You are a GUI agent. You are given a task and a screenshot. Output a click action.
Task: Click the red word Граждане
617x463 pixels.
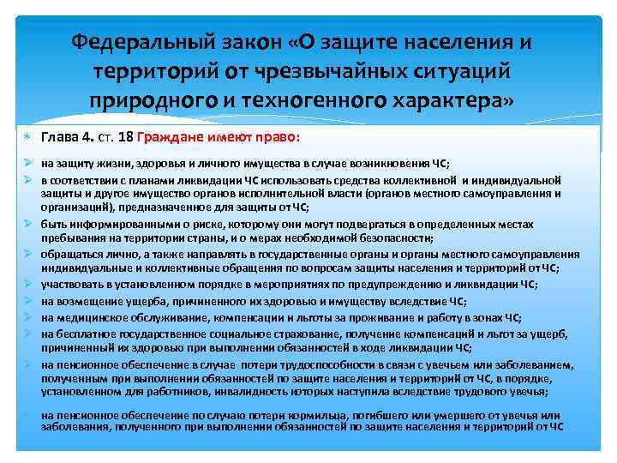[x=179, y=138]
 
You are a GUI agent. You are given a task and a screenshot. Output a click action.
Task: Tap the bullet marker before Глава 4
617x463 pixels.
[x=29, y=138]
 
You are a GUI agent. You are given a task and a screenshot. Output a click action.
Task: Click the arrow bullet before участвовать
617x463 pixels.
[x=28, y=284]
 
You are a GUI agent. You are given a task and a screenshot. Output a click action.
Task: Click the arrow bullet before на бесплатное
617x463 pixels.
[x=28, y=333]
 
